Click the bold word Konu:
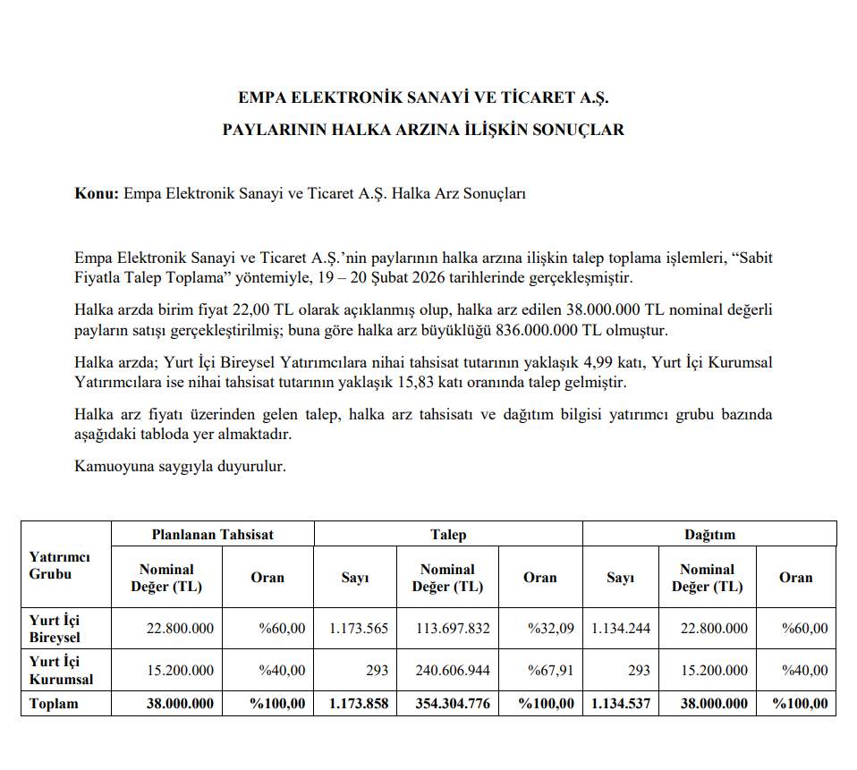97,193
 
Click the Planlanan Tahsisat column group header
212,535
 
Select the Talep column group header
448,535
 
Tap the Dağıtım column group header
709,535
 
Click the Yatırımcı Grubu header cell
59,565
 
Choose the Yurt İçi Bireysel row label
55,629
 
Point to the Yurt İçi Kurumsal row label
60,670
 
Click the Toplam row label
54,704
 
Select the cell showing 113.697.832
453,629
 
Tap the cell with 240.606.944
453,670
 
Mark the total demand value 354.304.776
453,704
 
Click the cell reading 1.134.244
621,629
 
